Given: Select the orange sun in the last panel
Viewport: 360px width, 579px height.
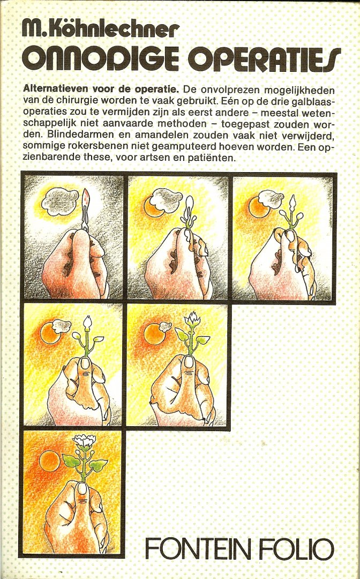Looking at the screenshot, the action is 49,462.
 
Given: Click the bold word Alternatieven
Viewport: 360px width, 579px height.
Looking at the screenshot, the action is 51,90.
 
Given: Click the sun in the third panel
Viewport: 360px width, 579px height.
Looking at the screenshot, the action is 259,207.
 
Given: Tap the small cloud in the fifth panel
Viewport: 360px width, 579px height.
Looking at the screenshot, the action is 165,326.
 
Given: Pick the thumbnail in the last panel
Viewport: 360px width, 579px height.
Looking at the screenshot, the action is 82,488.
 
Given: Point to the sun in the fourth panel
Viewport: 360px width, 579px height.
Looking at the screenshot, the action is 50,333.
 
